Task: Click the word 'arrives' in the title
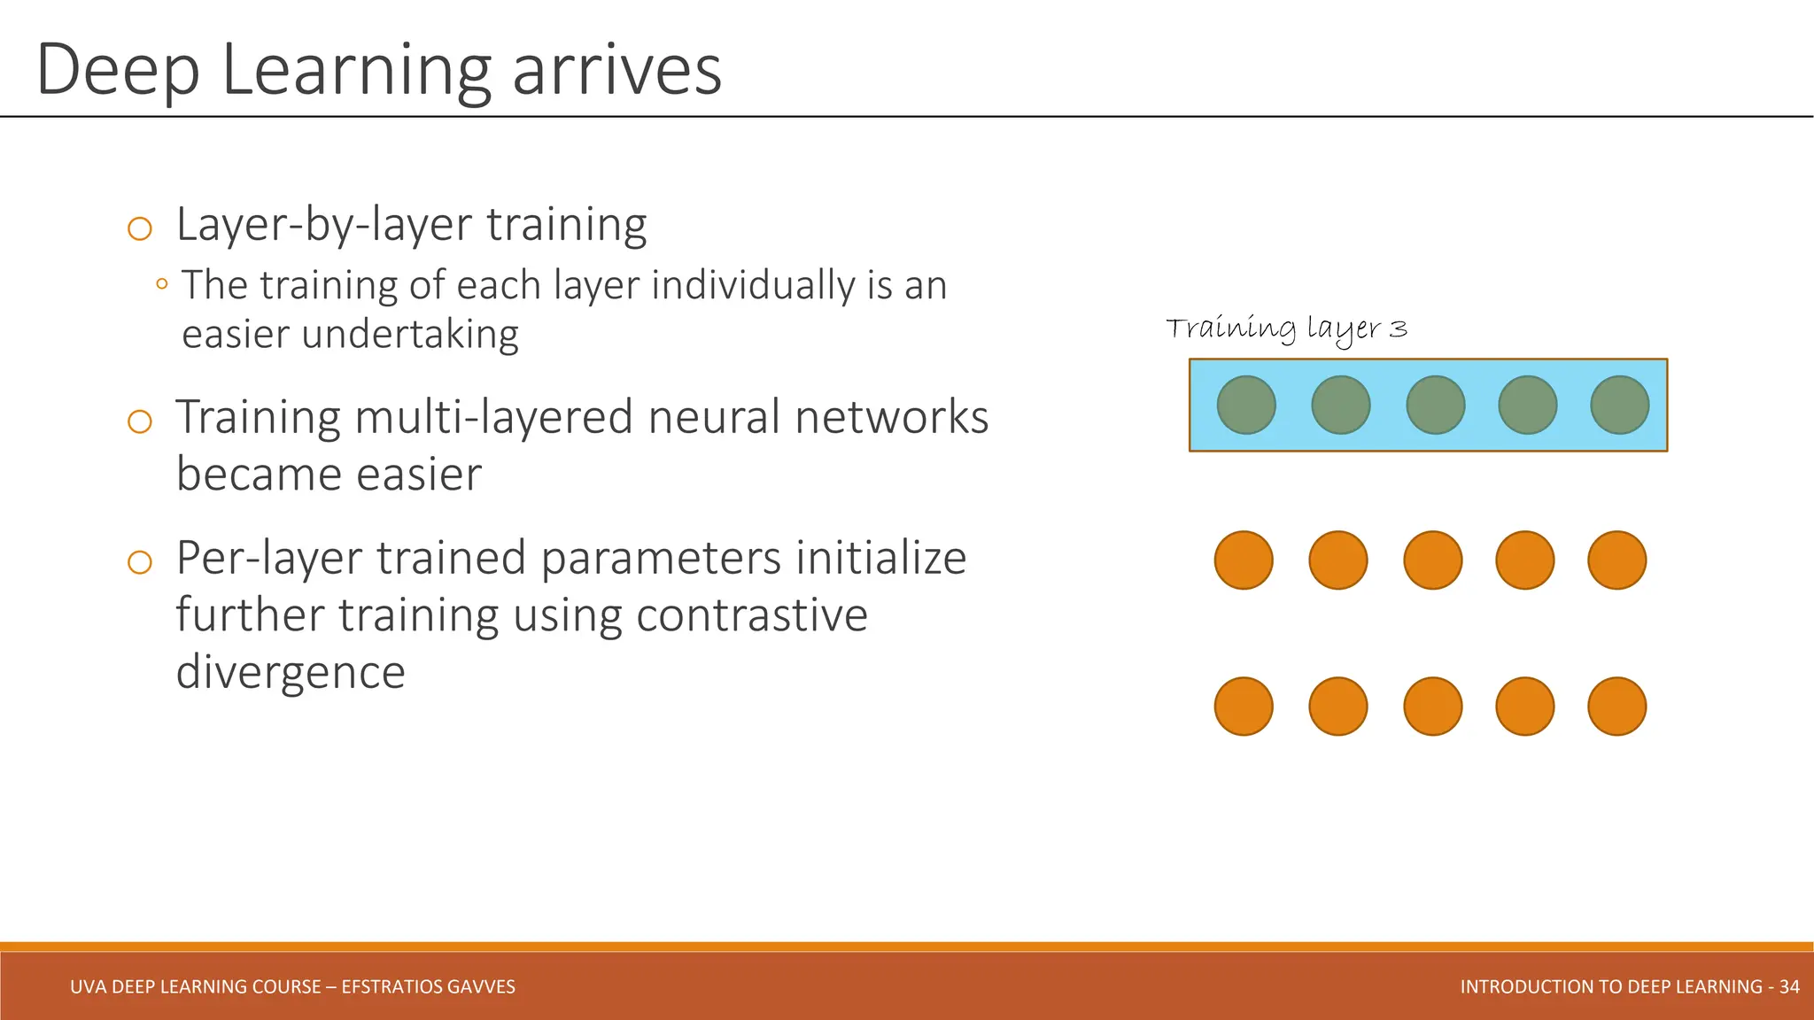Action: click(x=616, y=71)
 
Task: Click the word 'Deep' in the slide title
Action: click(x=118, y=71)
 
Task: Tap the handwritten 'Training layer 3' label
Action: click(x=1286, y=329)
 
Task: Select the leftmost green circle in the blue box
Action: click(x=1246, y=406)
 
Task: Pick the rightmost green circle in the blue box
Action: click(x=1619, y=406)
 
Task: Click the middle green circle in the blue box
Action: click(x=1435, y=406)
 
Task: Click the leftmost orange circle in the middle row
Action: click(x=1244, y=560)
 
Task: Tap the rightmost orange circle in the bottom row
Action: click(x=1616, y=707)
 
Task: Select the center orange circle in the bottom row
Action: click(x=1432, y=707)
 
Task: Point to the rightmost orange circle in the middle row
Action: click(x=1616, y=560)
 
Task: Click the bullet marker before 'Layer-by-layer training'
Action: click(x=140, y=229)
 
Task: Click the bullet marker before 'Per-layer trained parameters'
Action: click(x=140, y=562)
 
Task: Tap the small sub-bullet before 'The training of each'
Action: click(x=161, y=284)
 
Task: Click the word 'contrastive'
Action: click(x=752, y=615)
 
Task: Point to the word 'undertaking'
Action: click(x=410, y=335)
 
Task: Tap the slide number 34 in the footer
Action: click(x=1788, y=986)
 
